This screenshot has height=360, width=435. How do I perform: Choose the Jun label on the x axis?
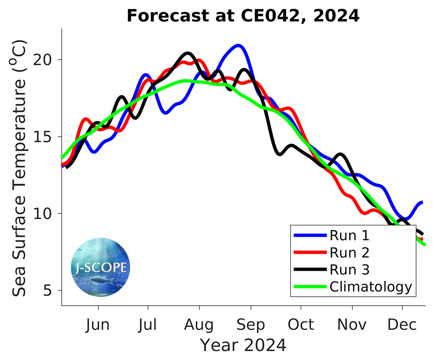(98, 325)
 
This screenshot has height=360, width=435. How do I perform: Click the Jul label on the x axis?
(148, 325)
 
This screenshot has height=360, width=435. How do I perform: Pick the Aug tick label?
(199, 325)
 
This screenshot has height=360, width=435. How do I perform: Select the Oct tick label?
(301, 325)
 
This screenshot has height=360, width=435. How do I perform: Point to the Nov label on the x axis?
(352, 325)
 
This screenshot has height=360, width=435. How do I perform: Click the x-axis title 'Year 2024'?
(243, 345)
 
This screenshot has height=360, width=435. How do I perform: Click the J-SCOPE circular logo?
(100, 267)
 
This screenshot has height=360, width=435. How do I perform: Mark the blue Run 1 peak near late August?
(238, 45)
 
